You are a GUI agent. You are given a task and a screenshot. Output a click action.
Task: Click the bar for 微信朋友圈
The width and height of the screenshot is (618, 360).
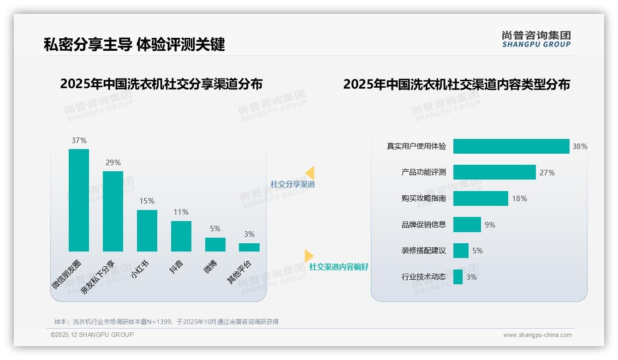click(x=79, y=200)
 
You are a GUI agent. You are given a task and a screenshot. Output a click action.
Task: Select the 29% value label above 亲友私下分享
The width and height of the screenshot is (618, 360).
click(x=113, y=162)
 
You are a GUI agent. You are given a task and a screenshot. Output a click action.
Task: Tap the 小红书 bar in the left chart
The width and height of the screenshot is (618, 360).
click(x=147, y=231)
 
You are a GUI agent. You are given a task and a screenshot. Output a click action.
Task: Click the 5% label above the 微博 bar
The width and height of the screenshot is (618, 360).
click(x=215, y=228)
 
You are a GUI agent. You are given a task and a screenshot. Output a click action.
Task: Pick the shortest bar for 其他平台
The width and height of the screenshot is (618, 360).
click(x=249, y=247)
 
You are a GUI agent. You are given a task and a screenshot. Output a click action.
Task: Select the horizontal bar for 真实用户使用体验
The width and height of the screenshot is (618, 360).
click(x=511, y=146)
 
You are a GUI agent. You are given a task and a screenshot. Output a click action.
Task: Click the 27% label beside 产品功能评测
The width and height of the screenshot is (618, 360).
click(x=547, y=173)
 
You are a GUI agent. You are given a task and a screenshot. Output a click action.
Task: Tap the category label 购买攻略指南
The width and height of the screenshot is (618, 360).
click(x=423, y=198)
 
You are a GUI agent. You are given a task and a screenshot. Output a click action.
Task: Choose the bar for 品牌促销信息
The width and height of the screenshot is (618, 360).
click(x=467, y=225)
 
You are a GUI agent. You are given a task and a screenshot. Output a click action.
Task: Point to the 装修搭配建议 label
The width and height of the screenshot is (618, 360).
click(x=423, y=251)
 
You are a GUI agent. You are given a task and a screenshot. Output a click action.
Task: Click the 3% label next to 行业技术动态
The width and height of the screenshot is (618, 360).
click(x=471, y=277)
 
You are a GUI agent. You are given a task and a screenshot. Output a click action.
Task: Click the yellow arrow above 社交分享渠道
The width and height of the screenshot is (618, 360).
click(x=310, y=173)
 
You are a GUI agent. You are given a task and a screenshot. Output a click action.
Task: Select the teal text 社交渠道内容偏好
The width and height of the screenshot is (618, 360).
click(x=339, y=267)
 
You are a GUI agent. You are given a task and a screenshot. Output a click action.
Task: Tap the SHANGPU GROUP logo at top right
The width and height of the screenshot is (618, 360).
click(x=536, y=39)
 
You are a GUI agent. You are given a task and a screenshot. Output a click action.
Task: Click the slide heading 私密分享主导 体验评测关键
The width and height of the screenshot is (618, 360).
click(x=134, y=44)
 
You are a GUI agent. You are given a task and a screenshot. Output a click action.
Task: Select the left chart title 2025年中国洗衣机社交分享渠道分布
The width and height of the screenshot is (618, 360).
click(x=161, y=84)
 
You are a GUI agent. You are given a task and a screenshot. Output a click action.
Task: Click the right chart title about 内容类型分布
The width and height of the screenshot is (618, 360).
click(x=456, y=84)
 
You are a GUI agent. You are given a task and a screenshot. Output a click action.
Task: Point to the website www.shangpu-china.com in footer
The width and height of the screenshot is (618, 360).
click(x=537, y=335)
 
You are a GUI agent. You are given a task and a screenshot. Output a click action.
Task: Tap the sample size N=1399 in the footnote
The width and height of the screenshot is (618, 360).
click(x=156, y=322)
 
